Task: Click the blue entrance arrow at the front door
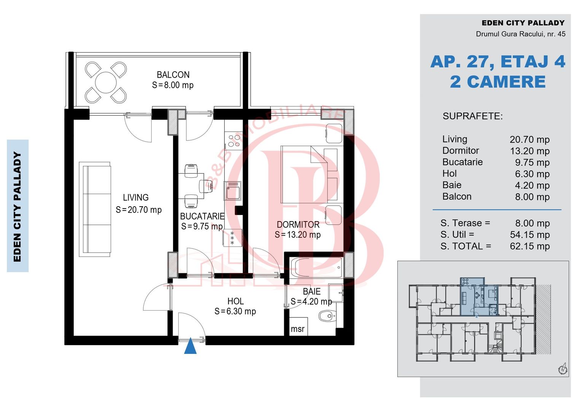[190, 346]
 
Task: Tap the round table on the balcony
[106, 83]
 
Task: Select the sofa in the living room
[95, 209]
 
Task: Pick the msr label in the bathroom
[297, 329]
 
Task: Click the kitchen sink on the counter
[233, 191]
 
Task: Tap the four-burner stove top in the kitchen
[233, 140]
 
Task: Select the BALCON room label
[173, 75]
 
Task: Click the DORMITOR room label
[298, 225]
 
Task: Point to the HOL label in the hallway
[235, 301]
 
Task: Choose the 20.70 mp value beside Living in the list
[530, 140]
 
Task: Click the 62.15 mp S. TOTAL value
[530, 246]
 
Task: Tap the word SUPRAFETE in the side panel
[473, 116]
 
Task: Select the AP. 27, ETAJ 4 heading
[497, 62]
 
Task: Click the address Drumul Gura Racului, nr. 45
[521, 34]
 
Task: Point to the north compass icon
[563, 369]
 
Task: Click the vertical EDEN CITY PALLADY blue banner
[17, 206]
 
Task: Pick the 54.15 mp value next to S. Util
[530, 235]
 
